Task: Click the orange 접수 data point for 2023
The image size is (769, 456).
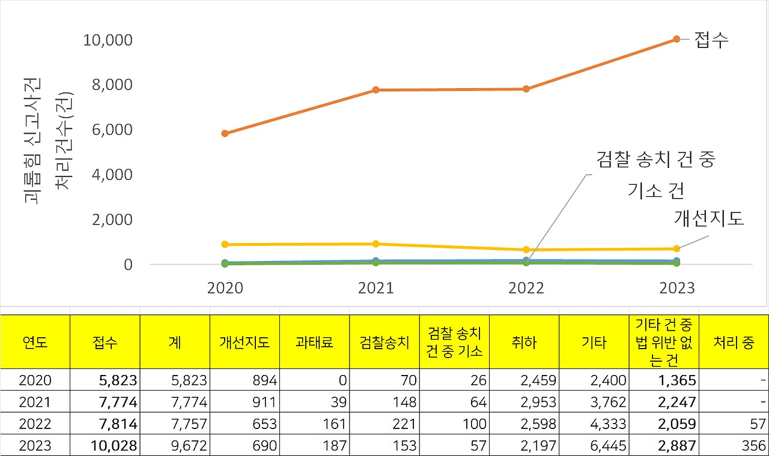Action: [676, 39]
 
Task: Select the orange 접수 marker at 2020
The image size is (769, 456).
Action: [225, 133]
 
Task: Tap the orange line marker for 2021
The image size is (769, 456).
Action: [375, 90]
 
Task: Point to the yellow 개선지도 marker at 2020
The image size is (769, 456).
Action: [225, 244]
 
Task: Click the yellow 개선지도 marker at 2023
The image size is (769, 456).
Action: [676, 248]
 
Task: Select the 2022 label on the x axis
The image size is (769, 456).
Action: [526, 288]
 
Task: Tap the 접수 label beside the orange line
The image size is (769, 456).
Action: [711, 40]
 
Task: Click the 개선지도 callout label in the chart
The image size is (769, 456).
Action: [709, 218]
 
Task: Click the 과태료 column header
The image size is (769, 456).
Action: [314, 342]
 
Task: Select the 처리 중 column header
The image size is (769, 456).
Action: [733, 342]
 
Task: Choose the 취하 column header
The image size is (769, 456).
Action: [524, 342]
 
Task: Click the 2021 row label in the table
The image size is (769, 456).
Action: [35, 402]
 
